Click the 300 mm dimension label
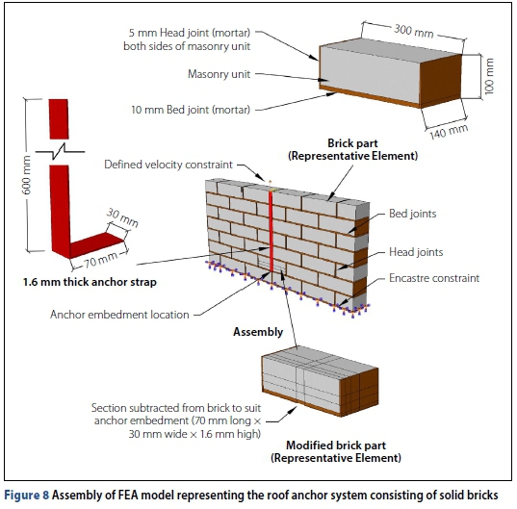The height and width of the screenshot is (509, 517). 413,31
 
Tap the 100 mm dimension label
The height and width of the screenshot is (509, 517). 489,76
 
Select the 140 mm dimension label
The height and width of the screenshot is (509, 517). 449,132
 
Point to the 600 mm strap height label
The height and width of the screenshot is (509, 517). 27,174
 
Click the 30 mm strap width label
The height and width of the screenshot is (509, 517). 122,217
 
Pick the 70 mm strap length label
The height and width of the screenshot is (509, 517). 100,260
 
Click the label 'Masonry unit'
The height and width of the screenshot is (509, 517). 219,74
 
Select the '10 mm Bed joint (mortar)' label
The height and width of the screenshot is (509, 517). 191,110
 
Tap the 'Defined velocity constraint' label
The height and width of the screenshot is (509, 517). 168,165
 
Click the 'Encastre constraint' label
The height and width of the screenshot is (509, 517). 434,278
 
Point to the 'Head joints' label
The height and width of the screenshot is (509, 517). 416,252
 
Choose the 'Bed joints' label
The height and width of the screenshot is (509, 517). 412,214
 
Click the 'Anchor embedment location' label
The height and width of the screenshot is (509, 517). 119,315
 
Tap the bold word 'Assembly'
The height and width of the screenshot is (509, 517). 258,332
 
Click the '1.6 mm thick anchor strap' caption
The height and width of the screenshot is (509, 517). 90,282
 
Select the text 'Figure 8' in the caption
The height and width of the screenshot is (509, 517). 26,495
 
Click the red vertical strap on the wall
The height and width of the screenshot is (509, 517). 271,231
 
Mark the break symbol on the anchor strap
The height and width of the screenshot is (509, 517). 60,152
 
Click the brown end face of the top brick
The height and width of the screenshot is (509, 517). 440,82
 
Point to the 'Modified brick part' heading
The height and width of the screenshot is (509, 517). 336,445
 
